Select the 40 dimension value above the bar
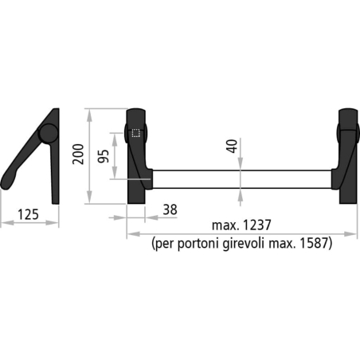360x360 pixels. point(232,147)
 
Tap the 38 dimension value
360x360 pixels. point(169,209)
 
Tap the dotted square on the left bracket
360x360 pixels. point(135,135)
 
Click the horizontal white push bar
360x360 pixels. point(239,178)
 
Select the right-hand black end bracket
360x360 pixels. point(348,155)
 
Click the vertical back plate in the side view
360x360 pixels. point(55,171)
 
